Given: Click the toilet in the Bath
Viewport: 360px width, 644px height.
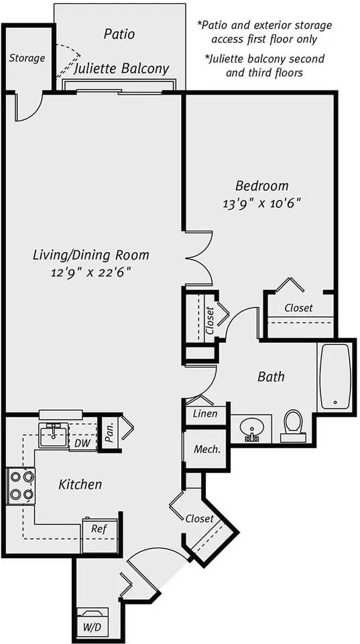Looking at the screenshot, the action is pyautogui.click(x=293, y=425).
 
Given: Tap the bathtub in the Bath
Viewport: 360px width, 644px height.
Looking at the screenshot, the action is pyautogui.click(x=335, y=376).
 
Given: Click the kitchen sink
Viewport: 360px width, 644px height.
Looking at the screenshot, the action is pyautogui.click(x=54, y=435).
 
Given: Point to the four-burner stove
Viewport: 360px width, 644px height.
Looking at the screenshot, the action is pyautogui.click(x=21, y=486).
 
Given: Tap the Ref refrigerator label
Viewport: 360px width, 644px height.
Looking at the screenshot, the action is pyautogui.click(x=97, y=529).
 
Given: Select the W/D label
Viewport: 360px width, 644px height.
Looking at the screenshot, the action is pyautogui.click(x=93, y=627).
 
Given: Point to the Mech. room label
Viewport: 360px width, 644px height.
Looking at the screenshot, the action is pyautogui.click(x=207, y=449).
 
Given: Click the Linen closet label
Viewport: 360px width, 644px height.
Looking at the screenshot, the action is pyautogui.click(x=205, y=413).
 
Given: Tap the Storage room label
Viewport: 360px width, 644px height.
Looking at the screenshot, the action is pyautogui.click(x=27, y=58).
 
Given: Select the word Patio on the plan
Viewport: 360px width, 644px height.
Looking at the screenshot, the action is pyautogui.click(x=119, y=34).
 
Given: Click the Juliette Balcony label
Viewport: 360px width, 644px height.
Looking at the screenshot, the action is pyautogui.click(x=121, y=69).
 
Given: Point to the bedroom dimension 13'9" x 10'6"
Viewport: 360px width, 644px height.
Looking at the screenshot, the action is pyautogui.click(x=262, y=204).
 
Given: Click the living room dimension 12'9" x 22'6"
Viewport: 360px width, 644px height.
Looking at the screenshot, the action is pyautogui.click(x=91, y=272).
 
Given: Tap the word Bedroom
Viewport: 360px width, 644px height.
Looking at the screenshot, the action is pyautogui.click(x=262, y=186).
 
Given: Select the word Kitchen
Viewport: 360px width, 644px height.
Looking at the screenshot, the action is pyautogui.click(x=80, y=484).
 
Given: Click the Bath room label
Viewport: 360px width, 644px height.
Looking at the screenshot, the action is pyautogui.click(x=271, y=376).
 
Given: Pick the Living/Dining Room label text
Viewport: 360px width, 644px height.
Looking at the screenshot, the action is pyautogui.click(x=91, y=256).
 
